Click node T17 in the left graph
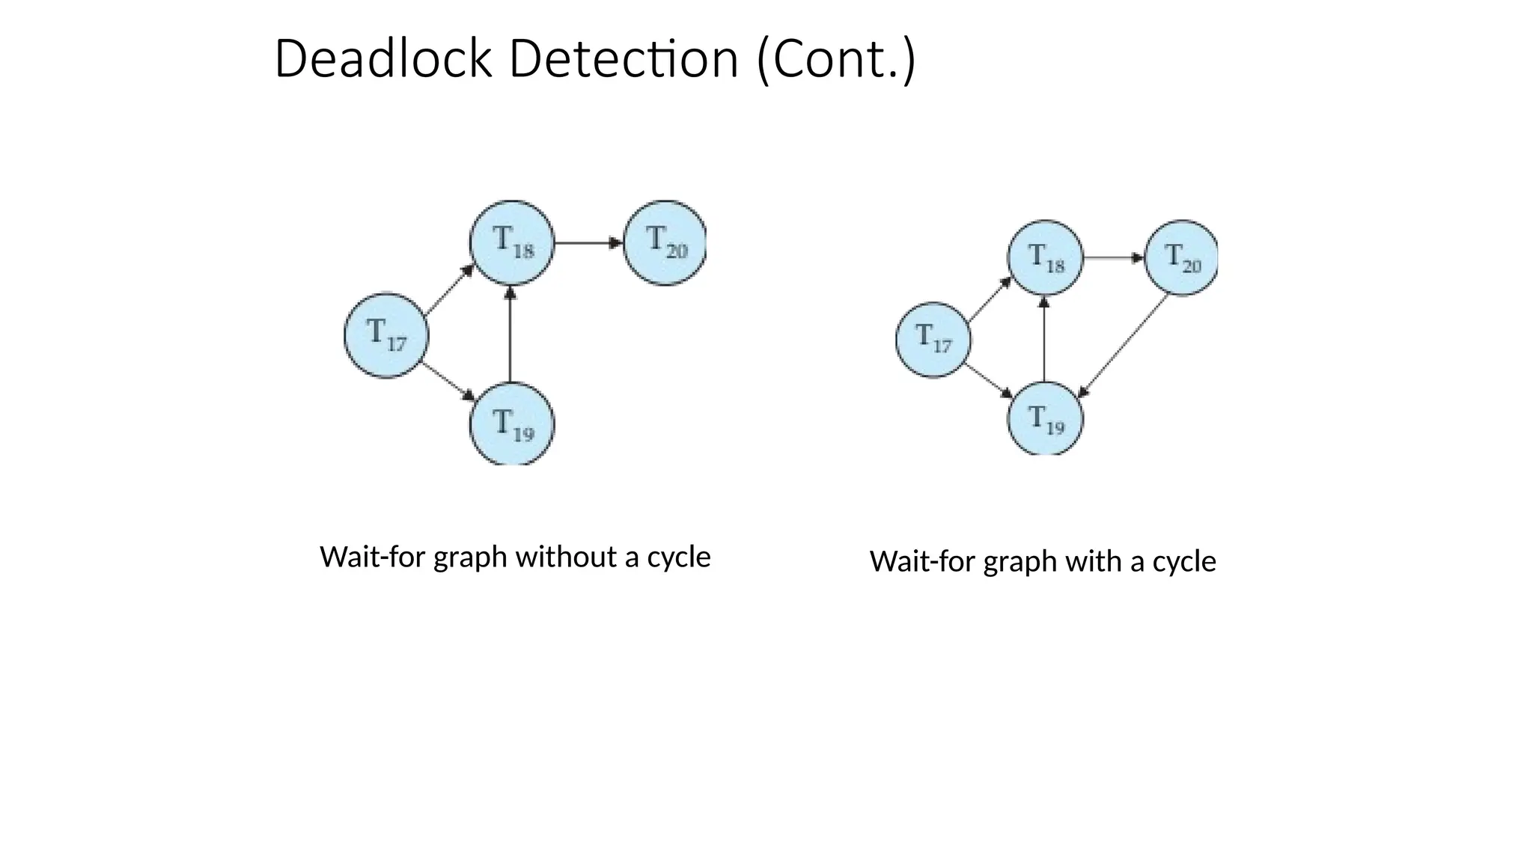386,335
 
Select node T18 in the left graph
513,242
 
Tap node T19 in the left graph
513,424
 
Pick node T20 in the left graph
665,242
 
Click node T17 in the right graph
933,339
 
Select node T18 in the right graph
1045,257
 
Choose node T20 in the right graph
1181,257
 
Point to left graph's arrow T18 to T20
588,242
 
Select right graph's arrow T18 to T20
1114,257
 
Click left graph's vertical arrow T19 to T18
511,334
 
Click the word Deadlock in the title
383,59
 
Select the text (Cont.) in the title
835,59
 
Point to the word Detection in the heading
624,59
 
